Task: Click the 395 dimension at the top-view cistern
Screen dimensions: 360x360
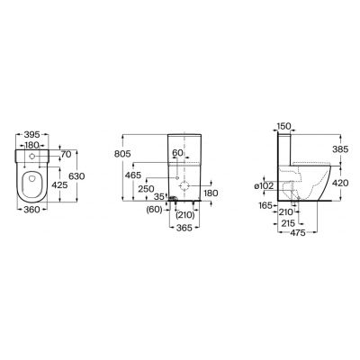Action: [31, 135]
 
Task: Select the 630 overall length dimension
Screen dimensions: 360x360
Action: [76, 176]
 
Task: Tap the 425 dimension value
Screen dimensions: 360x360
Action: [59, 185]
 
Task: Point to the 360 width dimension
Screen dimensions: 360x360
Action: [31, 210]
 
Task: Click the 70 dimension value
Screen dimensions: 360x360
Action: [66, 155]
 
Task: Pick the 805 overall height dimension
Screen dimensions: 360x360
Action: [122, 154]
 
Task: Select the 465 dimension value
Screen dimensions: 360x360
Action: [133, 175]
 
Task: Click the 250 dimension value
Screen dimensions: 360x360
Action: [146, 189]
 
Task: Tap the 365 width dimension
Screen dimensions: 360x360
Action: [184, 228]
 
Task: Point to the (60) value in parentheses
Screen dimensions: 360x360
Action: [154, 210]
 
